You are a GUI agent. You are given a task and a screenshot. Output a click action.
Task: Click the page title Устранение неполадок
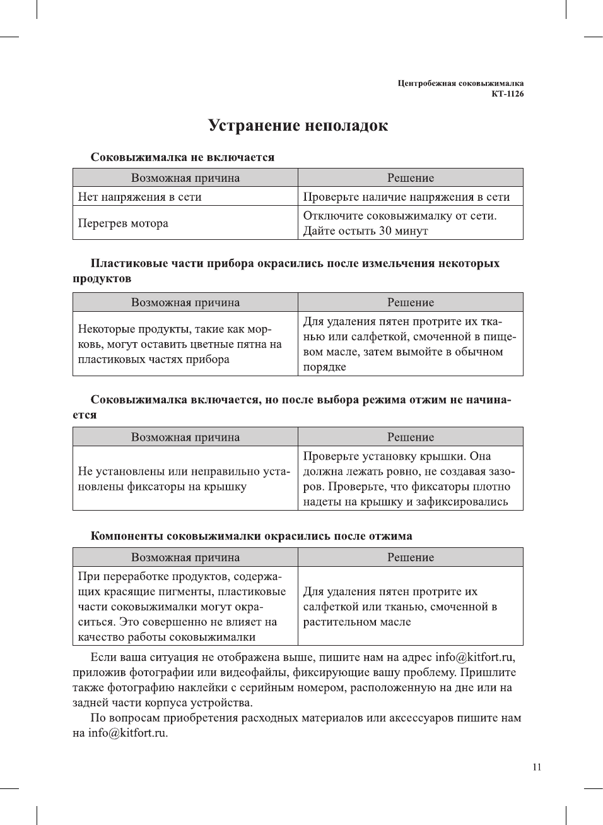point(298,126)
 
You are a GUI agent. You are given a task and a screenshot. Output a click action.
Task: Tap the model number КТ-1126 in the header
point(507,94)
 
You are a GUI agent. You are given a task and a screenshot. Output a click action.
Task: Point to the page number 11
point(536,767)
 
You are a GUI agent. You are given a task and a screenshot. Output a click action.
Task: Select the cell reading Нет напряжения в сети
point(139,197)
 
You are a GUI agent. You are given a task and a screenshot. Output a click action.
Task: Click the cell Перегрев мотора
point(123,223)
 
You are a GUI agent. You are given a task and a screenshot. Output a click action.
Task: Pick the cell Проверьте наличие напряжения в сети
point(406,197)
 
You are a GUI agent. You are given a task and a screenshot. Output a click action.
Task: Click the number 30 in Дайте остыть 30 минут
point(385,231)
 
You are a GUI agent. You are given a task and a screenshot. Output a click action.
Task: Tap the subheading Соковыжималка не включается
point(182,157)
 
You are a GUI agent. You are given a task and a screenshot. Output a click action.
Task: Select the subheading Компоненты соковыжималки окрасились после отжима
point(251,536)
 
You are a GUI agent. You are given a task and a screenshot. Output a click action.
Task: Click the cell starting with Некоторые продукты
point(179,344)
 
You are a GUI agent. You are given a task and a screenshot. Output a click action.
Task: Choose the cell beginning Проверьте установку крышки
point(408,478)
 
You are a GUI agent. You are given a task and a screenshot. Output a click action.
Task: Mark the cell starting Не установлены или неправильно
point(184,478)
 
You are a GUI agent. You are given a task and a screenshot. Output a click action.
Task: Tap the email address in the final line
point(127,733)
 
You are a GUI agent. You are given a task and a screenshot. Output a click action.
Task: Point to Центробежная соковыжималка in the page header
point(460,83)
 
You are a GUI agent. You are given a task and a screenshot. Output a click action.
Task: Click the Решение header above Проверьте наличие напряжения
point(410,178)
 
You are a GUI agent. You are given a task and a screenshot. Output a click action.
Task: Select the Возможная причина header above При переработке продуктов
point(185,557)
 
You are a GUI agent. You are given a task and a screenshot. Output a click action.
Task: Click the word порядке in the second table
point(324,367)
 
